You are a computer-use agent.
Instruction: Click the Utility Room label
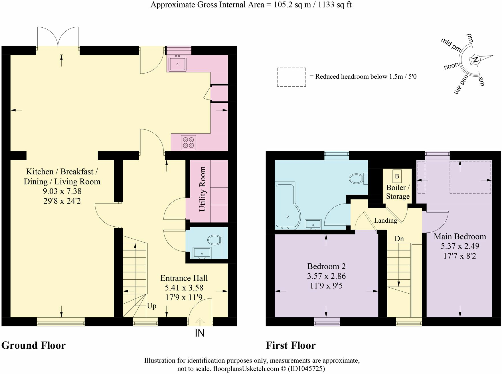coord(202,189)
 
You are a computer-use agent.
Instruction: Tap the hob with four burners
coord(189,143)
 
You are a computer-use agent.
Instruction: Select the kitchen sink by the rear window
coord(177,64)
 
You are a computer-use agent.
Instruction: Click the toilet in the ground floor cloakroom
coord(215,240)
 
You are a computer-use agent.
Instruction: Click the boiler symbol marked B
coord(397,176)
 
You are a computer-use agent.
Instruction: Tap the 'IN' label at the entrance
coord(200,333)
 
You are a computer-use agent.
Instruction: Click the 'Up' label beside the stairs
coord(152,306)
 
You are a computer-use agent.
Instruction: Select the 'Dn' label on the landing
coord(399,239)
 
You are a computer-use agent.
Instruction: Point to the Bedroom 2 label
coord(326,266)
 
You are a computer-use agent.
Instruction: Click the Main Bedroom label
coord(460,237)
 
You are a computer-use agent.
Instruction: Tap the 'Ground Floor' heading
coord(33,345)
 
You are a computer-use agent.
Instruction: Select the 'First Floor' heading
coord(291,345)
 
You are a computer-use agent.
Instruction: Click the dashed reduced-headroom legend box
coord(292,77)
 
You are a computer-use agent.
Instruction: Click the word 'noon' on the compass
coord(451,66)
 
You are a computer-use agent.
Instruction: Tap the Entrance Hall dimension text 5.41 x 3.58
coord(184,288)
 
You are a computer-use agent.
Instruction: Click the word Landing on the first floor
coord(385,220)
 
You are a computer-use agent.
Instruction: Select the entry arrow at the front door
coord(200,322)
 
